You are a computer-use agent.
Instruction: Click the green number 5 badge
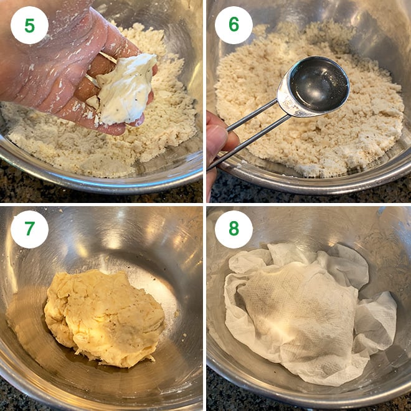[x=29, y=26]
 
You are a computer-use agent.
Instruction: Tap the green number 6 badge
[x=234, y=26]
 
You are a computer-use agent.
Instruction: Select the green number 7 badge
[x=29, y=229]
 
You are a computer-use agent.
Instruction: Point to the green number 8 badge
[x=234, y=229]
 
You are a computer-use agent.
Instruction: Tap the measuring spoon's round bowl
[x=314, y=88]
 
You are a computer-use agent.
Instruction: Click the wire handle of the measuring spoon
[x=249, y=134]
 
